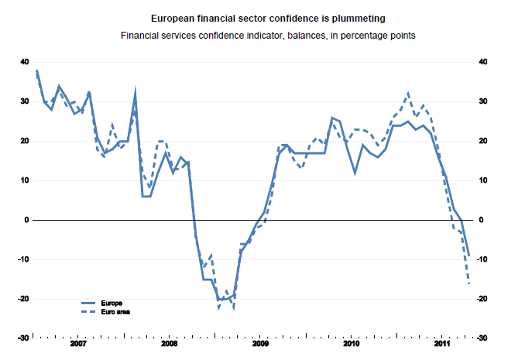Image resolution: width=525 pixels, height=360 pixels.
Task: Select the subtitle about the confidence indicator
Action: (262, 35)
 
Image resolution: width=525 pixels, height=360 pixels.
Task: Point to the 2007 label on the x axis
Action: (77, 342)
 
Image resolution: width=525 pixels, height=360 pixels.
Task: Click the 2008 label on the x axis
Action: (169, 342)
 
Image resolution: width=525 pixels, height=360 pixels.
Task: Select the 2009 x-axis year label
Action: (260, 342)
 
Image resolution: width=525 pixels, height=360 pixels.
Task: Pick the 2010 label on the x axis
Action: (352, 342)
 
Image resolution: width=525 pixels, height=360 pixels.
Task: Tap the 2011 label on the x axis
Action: (443, 342)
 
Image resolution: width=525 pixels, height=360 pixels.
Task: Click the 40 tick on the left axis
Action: (25, 62)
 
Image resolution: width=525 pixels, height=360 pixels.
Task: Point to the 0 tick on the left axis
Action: (27, 220)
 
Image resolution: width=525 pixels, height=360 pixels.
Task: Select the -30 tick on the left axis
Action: (23, 338)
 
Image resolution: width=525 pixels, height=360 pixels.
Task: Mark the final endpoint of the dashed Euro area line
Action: (468, 283)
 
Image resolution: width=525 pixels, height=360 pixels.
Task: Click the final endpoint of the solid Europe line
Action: (468, 255)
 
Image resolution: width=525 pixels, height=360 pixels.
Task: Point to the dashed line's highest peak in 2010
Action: (408, 93)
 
